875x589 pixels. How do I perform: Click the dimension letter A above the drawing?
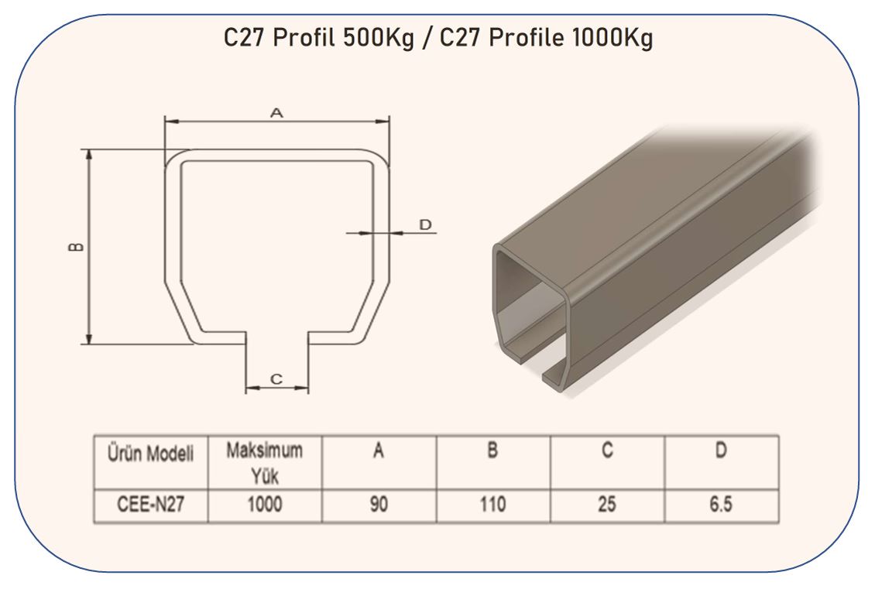click(276, 113)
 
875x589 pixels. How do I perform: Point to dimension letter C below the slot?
click(276, 379)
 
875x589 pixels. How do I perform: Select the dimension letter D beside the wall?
click(425, 224)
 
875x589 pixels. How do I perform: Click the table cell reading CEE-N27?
click(151, 505)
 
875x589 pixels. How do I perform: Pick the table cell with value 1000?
click(265, 505)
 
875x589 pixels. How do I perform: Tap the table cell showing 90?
click(379, 505)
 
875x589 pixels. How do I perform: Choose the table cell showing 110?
click(492, 505)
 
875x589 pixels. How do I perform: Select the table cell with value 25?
click(606, 505)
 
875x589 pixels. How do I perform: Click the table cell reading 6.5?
click(720, 505)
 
